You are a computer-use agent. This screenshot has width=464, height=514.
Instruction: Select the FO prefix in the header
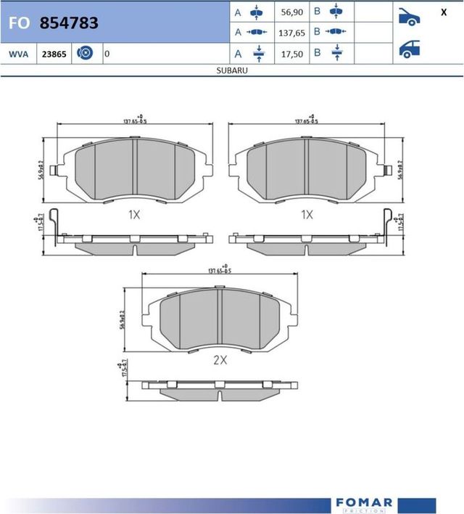click(x=19, y=23)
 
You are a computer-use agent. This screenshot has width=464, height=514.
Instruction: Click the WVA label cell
click(x=18, y=54)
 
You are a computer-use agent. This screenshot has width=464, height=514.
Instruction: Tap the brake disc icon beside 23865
click(x=84, y=54)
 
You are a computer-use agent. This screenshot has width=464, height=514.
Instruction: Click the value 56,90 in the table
click(x=292, y=12)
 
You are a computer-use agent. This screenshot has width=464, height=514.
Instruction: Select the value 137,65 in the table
click(x=292, y=33)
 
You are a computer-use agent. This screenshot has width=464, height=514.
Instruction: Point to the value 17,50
click(x=292, y=53)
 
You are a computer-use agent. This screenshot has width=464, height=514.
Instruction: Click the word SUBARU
click(x=232, y=71)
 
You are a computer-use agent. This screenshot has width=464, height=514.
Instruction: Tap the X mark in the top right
click(x=443, y=12)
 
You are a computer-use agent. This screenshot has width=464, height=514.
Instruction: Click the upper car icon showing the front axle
click(x=410, y=17)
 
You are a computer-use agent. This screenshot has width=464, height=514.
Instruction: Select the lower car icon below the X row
click(x=410, y=49)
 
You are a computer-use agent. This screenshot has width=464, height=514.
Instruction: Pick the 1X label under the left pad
click(x=133, y=215)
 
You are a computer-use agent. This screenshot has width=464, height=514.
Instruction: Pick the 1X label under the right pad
click(x=307, y=215)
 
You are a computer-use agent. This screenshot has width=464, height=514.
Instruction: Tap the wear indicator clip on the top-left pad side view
click(x=60, y=223)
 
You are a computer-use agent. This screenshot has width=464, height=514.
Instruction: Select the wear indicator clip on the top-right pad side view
click(x=387, y=223)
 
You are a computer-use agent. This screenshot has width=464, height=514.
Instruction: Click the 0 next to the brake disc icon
click(x=107, y=54)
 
